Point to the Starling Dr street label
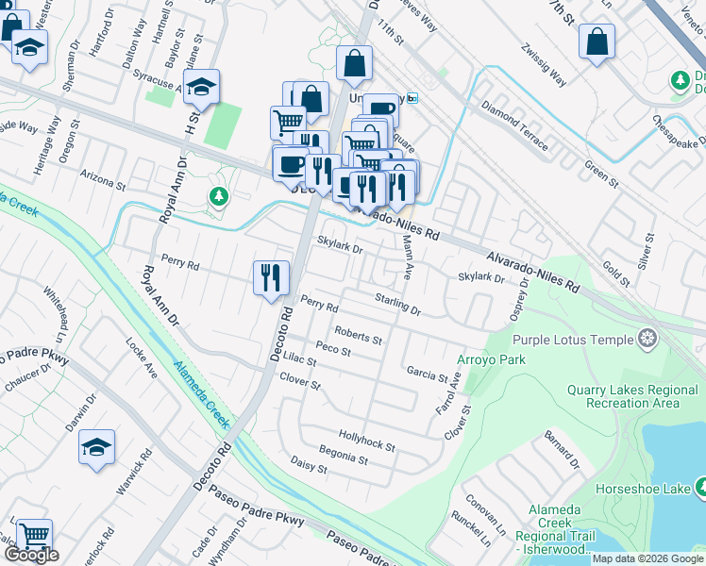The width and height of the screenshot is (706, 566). point(396,304)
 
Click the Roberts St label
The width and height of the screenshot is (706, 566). point(358,337)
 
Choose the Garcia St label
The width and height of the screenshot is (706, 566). point(427,374)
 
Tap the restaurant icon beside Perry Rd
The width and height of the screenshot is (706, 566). point(271,276)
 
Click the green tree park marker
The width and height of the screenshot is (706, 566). point(219,196)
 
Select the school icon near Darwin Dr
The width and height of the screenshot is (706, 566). point(96,446)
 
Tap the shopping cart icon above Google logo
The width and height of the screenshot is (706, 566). point(34,536)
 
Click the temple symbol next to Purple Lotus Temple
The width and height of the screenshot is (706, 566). point(647,339)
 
